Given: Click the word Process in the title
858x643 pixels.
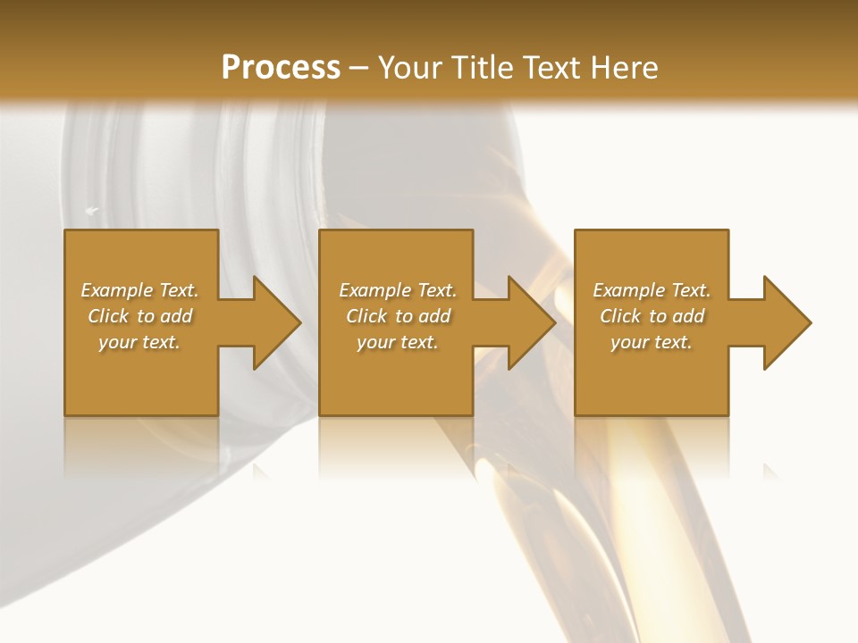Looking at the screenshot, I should coord(281,68).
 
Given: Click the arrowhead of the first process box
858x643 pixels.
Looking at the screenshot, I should coord(273,322).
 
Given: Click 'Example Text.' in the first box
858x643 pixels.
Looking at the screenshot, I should coord(139,290).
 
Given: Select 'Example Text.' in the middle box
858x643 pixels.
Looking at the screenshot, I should coord(398,290).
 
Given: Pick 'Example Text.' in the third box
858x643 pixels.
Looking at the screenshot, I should coord(652,290).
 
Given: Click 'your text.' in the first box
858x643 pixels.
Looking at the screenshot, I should coord(139,342).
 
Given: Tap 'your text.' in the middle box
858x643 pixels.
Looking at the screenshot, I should coord(398,342).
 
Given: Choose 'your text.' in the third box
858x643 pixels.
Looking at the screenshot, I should coord(652,342).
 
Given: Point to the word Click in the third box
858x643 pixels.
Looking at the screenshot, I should coord(621,316).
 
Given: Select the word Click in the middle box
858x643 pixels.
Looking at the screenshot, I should coord(367,316).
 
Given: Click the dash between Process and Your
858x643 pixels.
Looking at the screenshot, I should coord(359,69).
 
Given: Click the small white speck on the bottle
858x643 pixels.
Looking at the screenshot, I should coord(91,211).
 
